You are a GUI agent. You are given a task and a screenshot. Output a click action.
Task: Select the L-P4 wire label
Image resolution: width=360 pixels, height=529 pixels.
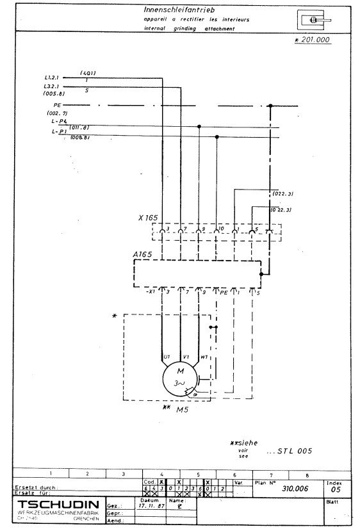[x=59, y=123]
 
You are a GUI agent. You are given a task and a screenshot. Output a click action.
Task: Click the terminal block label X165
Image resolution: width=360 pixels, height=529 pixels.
[x=147, y=218]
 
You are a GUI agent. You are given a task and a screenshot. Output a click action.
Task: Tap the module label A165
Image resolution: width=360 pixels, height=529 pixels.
[x=142, y=255]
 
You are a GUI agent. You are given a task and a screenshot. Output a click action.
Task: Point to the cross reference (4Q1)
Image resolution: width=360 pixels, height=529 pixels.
[x=88, y=74]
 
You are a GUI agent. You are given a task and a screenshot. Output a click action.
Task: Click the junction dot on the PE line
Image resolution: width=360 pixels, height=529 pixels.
[x=270, y=106]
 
